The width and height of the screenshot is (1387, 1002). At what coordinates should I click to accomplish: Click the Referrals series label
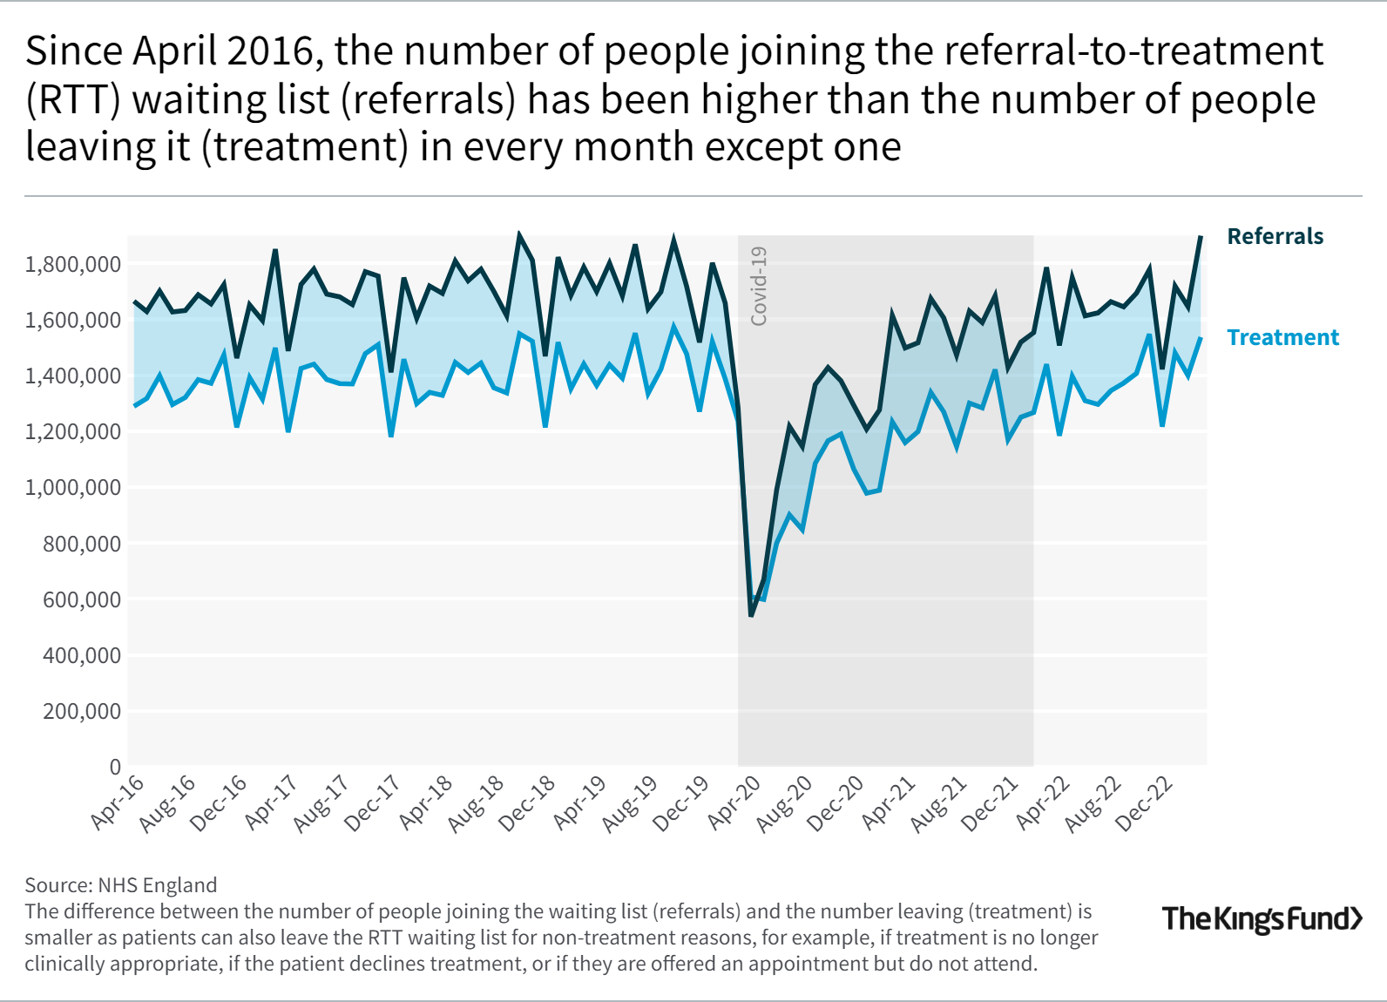click(x=1275, y=236)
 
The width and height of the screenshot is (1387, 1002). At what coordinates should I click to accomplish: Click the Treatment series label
click(x=1282, y=337)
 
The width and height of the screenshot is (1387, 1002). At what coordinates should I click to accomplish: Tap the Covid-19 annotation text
click(x=759, y=286)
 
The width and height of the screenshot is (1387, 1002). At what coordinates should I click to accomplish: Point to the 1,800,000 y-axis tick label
click(x=73, y=264)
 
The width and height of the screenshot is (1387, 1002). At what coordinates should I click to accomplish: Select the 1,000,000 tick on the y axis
click(x=73, y=487)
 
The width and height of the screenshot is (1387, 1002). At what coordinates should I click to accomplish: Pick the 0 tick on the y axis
click(x=115, y=767)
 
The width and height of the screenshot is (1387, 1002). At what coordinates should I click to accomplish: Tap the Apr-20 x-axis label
click(x=735, y=801)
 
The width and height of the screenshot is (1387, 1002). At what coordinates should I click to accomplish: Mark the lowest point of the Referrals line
click(x=751, y=616)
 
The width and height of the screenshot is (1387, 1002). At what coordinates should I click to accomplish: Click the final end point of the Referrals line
click(x=1201, y=236)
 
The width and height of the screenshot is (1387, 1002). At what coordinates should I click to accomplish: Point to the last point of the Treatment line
click(x=1201, y=338)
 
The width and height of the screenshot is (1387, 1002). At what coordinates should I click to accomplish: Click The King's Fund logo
click(x=1262, y=918)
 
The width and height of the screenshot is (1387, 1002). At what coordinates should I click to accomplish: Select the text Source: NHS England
click(x=120, y=885)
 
